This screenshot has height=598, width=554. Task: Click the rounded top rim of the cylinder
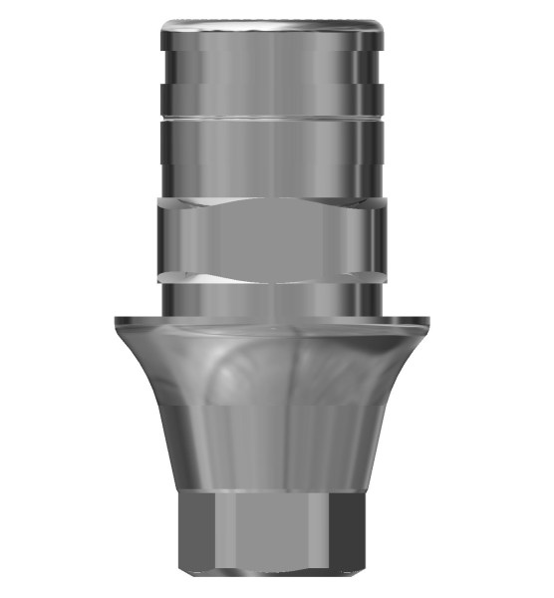270,22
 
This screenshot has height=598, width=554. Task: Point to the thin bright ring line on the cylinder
270,118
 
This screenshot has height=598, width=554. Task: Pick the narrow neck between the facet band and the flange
270,297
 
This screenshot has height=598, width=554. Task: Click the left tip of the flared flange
116,320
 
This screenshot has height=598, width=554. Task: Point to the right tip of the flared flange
428,320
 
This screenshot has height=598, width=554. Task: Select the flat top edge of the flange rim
270,322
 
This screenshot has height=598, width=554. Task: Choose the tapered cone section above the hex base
270,448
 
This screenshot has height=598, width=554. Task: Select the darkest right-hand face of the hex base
352,533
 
